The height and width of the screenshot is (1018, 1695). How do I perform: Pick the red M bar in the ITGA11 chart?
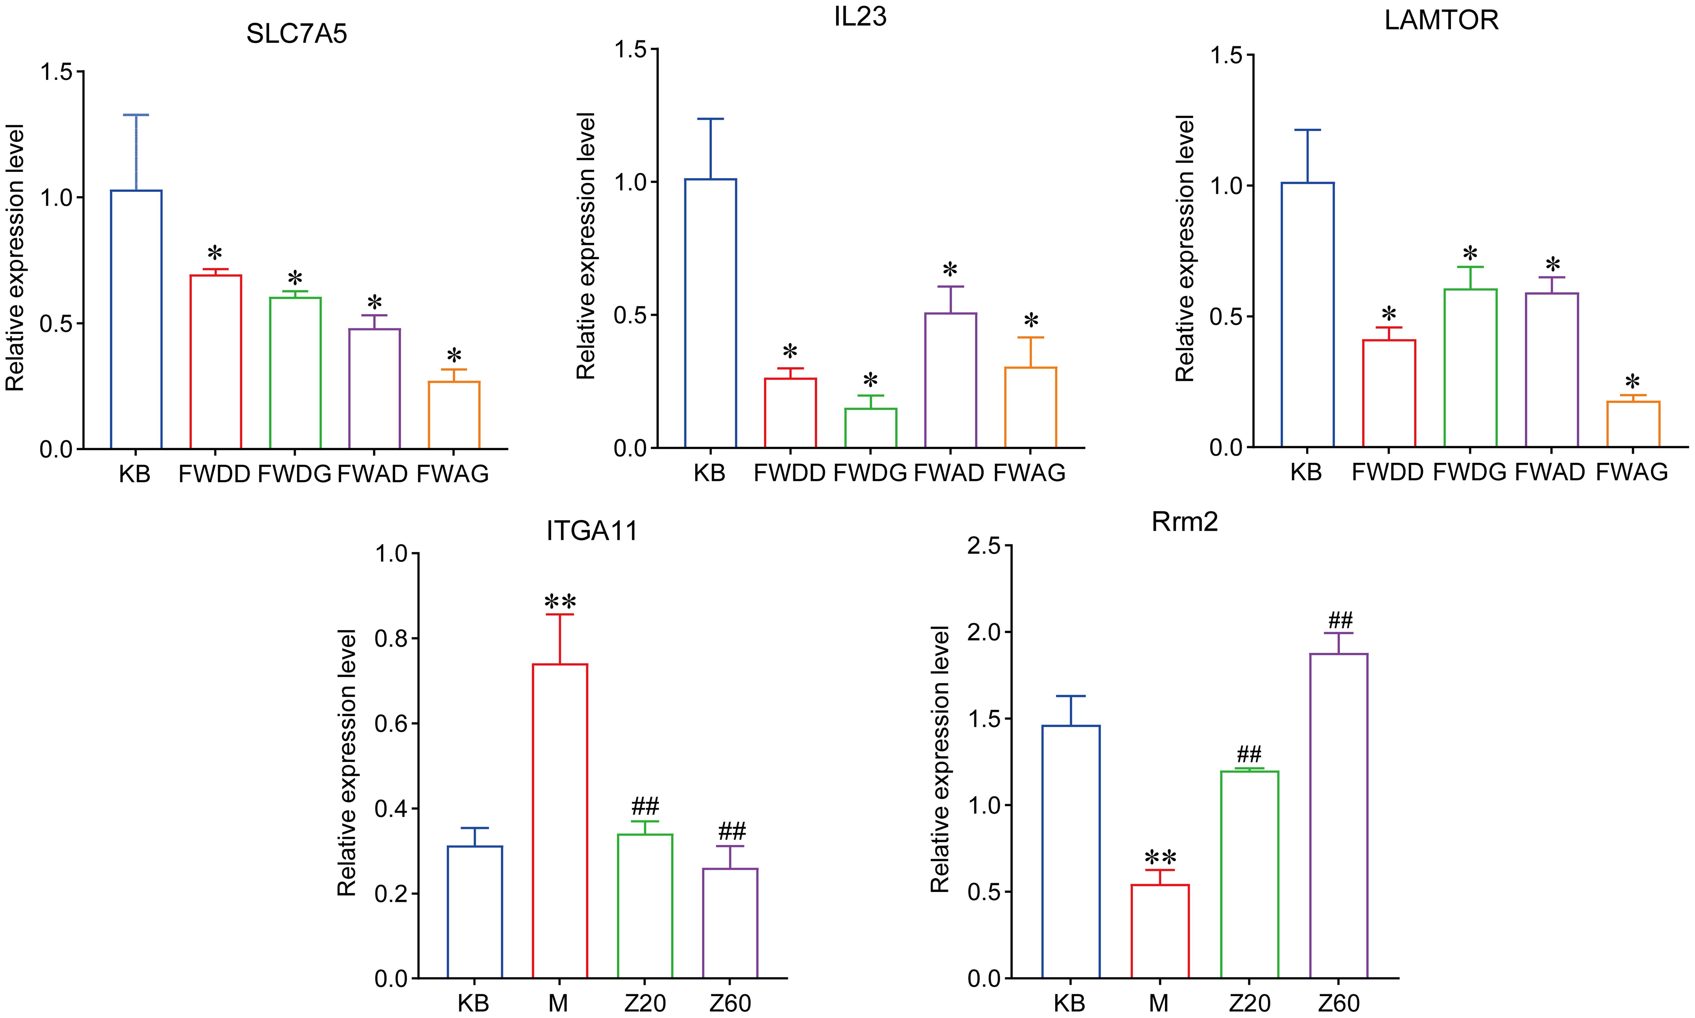point(560,821)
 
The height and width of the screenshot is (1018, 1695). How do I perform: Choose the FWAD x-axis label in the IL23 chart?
point(950,473)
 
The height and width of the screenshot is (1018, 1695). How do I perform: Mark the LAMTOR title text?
point(1441,21)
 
